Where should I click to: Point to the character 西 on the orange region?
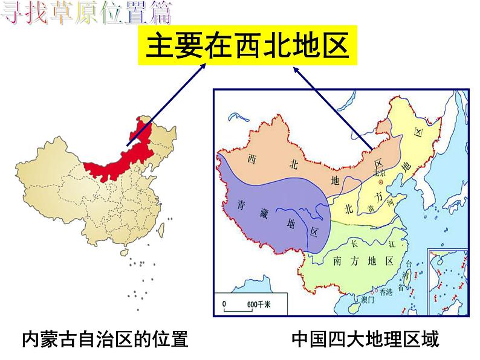253,158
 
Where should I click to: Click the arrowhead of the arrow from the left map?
206,65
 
